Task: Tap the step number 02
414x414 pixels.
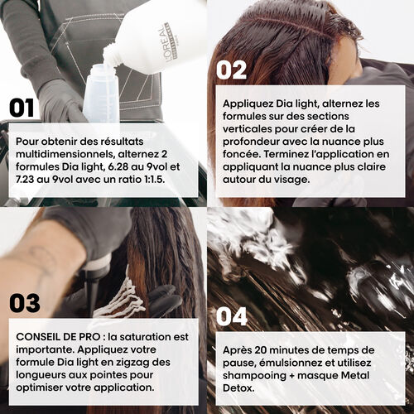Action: click(x=232, y=70)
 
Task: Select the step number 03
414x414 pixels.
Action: click(x=25, y=302)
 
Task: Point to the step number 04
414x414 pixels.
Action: click(x=233, y=317)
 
